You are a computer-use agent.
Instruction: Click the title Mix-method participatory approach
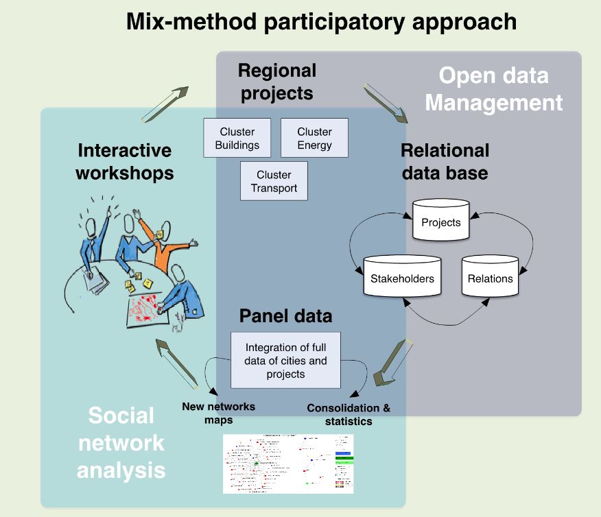(321, 22)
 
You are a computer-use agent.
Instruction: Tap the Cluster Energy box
(314, 138)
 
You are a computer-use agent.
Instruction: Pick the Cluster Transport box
(274, 182)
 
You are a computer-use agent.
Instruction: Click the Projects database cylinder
(440, 220)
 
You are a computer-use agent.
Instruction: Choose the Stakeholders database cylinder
(401, 276)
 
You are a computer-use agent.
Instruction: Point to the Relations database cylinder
(490, 276)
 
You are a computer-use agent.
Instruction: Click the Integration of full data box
(285, 360)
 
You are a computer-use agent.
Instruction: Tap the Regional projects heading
(277, 81)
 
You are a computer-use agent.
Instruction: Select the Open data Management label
(493, 89)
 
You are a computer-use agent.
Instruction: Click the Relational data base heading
(445, 161)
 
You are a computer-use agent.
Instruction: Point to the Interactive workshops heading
(124, 161)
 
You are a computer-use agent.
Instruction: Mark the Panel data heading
(285, 316)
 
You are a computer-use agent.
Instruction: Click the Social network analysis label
(121, 442)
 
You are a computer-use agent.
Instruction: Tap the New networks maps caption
(218, 413)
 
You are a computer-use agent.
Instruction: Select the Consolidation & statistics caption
(349, 414)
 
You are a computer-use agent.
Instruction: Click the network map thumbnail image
(288, 463)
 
